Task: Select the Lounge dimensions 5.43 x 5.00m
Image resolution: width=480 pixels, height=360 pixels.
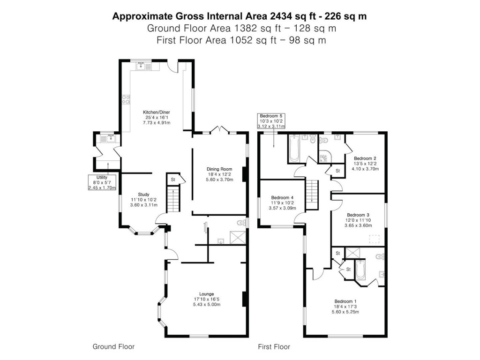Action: (x=207, y=305)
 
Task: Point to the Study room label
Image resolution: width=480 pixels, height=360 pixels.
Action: (x=143, y=194)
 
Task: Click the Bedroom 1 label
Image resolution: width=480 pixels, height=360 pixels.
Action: (x=346, y=301)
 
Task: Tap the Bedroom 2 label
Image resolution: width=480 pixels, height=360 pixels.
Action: (x=366, y=158)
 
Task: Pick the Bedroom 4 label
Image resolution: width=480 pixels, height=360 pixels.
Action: (x=282, y=197)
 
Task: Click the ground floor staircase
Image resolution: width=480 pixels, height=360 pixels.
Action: (x=173, y=200)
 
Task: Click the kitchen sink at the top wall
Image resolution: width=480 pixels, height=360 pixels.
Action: (x=144, y=67)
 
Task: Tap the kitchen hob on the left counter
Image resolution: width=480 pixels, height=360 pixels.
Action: (x=126, y=99)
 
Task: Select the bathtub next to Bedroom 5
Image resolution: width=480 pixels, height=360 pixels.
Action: (x=294, y=149)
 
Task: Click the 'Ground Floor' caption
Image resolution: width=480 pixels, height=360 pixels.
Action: (x=113, y=347)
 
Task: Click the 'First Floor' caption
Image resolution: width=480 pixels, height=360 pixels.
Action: (x=274, y=347)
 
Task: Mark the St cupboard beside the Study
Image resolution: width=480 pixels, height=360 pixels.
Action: (x=173, y=179)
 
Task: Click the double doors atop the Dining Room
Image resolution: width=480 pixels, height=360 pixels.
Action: (x=219, y=130)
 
